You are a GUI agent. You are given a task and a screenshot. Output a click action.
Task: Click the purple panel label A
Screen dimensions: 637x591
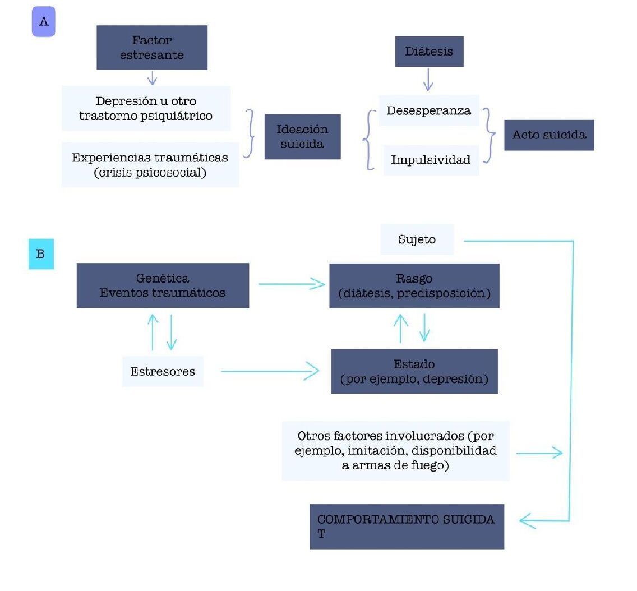(x=44, y=21)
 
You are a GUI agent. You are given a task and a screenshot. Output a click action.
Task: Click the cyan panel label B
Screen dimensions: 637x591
(x=41, y=254)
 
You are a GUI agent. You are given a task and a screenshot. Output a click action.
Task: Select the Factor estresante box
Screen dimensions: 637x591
(x=152, y=48)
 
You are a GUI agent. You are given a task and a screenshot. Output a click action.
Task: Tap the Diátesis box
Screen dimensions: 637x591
(x=429, y=52)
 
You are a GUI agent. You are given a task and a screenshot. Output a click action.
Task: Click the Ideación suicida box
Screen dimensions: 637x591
(x=302, y=136)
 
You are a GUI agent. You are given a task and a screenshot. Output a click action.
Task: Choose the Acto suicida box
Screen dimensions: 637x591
(x=550, y=135)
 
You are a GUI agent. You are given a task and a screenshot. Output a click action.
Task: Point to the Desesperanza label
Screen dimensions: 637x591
(x=429, y=110)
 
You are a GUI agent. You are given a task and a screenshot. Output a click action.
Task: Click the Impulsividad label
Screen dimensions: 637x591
(x=431, y=160)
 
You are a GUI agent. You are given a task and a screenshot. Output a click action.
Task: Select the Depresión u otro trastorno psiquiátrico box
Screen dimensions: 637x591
(x=146, y=108)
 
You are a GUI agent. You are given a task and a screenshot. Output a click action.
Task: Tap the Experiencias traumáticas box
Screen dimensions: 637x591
(x=150, y=165)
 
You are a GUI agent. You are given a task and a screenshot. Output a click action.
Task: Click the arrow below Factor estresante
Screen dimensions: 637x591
(x=152, y=78)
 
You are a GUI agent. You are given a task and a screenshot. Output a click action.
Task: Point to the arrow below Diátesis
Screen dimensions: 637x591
(x=428, y=80)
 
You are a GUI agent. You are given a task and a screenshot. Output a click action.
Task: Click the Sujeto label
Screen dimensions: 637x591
(x=417, y=239)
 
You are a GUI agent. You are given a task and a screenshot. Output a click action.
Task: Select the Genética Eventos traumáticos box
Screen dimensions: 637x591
(x=163, y=285)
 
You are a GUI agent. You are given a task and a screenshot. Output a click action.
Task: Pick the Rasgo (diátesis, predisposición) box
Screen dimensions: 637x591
(x=414, y=286)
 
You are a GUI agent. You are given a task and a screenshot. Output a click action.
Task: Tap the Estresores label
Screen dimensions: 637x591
(x=163, y=372)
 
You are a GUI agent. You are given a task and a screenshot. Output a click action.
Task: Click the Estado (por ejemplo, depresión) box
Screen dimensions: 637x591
(x=414, y=372)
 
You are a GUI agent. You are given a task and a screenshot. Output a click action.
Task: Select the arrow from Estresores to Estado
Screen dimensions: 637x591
(x=270, y=371)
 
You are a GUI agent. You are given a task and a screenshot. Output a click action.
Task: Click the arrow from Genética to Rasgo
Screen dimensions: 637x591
(x=292, y=284)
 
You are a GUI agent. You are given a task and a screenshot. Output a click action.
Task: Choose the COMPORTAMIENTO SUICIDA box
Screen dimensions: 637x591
(x=407, y=527)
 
